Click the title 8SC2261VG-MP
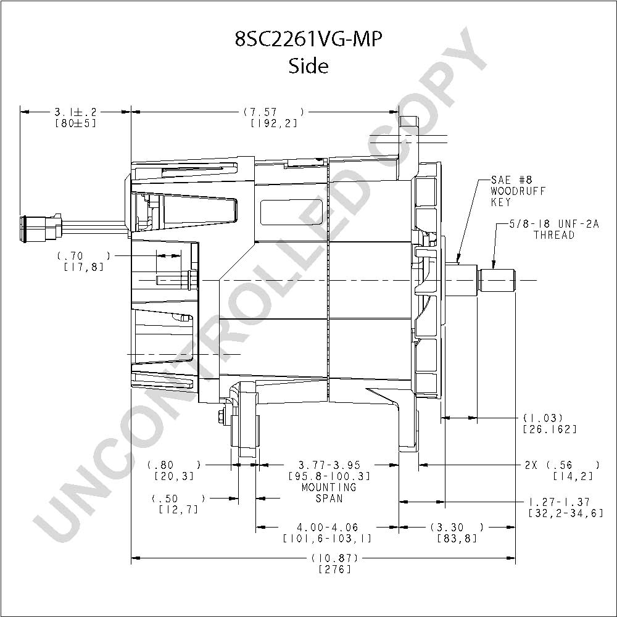(x=308, y=39)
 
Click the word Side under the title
(x=308, y=66)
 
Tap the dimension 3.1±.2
(x=75, y=112)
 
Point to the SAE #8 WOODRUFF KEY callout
(x=518, y=191)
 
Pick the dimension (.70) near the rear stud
(x=83, y=255)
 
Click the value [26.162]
(x=549, y=429)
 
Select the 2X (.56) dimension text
(x=562, y=465)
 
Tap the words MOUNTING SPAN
(x=328, y=492)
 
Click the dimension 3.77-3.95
(x=328, y=465)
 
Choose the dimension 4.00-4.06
(x=328, y=528)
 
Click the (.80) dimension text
(x=174, y=465)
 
